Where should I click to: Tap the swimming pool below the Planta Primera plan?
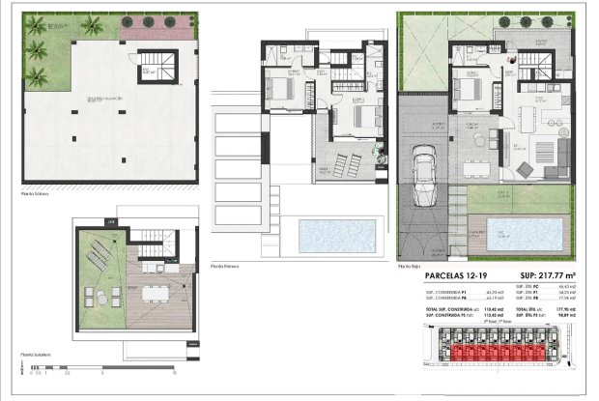(337, 234)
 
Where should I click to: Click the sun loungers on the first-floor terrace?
(333, 159)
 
